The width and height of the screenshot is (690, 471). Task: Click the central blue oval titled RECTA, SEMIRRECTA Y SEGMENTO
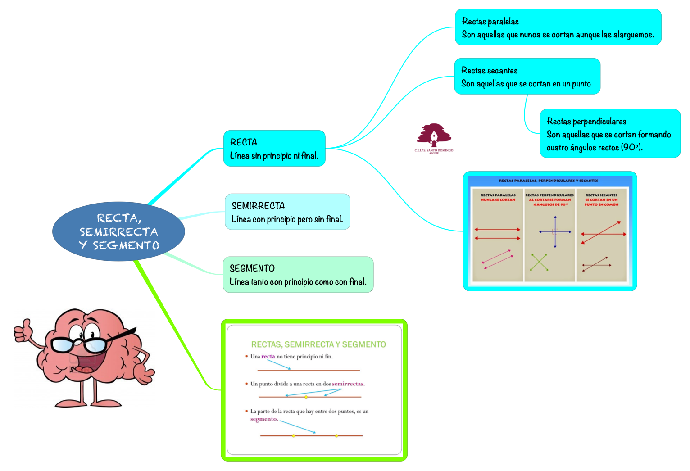pyautogui.click(x=118, y=231)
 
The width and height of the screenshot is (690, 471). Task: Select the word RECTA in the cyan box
pyautogui.click(x=244, y=142)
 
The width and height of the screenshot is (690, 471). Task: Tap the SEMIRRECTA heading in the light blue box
pyautogui.click(x=258, y=206)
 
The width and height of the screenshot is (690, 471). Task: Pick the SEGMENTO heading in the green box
pyautogui.click(x=252, y=268)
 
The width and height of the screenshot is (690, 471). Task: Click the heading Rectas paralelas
pyautogui.click(x=490, y=22)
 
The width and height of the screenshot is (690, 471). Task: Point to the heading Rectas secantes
pyautogui.click(x=489, y=71)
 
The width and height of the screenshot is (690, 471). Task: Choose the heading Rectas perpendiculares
pyautogui.click(x=586, y=121)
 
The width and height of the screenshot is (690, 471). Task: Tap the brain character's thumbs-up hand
pyautogui.click(x=23, y=331)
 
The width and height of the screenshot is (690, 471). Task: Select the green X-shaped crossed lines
pyautogui.click(x=539, y=262)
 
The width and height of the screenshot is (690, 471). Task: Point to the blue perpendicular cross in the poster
pyautogui.click(x=555, y=232)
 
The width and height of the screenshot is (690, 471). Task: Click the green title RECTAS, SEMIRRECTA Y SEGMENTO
pyautogui.click(x=318, y=344)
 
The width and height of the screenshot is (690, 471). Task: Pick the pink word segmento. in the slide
pyautogui.click(x=264, y=419)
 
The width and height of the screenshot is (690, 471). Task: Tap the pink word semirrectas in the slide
pyautogui.click(x=348, y=384)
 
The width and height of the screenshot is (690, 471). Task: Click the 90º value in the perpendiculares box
pyautogui.click(x=631, y=147)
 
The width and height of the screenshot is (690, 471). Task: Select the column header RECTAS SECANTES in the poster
pyautogui.click(x=601, y=195)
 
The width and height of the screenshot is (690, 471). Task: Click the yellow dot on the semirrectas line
pyautogui.click(x=306, y=397)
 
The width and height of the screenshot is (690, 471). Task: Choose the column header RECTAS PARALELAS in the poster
pyautogui.click(x=498, y=195)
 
